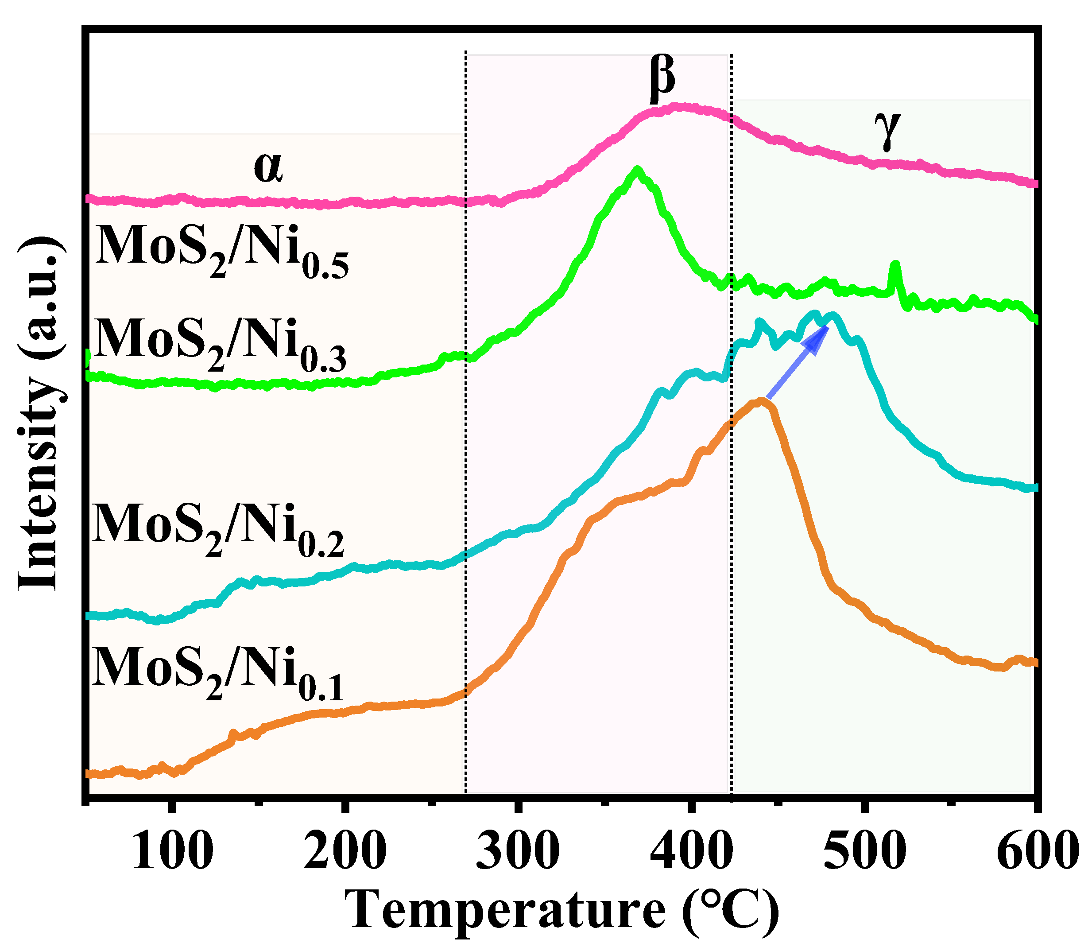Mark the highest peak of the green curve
pyautogui.click(x=638, y=170)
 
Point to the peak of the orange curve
pyautogui.click(x=761, y=401)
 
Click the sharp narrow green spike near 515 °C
pyautogui.click(x=895, y=264)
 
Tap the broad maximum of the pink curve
pyautogui.click(x=682, y=107)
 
